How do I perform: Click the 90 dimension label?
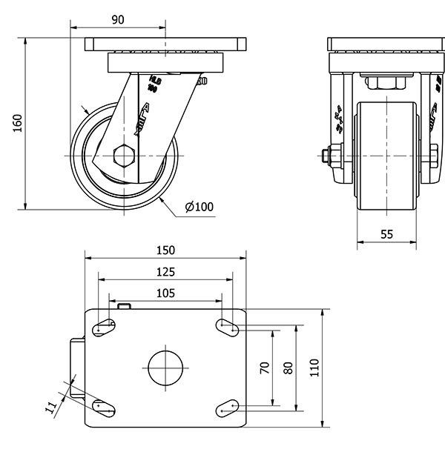(x=117, y=20)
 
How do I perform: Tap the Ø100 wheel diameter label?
(x=198, y=207)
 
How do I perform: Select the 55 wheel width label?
(x=386, y=233)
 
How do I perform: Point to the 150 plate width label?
(x=165, y=250)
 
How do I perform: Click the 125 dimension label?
(x=165, y=272)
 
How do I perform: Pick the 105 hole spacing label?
(x=165, y=293)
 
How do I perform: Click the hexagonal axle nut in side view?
(x=123, y=156)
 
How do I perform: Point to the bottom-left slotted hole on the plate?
(x=103, y=407)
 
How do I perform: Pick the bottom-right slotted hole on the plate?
(x=227, y=407)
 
